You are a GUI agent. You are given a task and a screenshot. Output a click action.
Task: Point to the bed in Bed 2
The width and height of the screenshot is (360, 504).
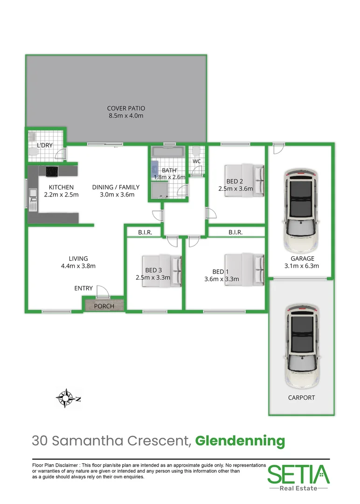244,180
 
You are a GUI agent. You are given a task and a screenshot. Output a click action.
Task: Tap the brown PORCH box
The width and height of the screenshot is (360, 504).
104,306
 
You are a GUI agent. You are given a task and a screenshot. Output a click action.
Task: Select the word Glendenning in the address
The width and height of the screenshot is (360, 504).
240,440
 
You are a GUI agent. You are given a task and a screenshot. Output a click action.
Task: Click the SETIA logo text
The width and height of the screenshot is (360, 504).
298,474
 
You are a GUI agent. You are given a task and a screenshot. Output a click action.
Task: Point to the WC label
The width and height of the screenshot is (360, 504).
197,161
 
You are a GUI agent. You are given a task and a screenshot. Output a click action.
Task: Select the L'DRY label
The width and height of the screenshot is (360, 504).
45,146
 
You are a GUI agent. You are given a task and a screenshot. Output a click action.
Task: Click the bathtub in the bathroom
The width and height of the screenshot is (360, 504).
168,152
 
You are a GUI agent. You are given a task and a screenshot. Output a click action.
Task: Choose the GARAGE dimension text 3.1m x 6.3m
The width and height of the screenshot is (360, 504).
302,266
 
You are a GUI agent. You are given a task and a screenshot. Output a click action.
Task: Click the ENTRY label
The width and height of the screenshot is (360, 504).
83,288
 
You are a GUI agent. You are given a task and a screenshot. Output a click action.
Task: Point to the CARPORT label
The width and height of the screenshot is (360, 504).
302,398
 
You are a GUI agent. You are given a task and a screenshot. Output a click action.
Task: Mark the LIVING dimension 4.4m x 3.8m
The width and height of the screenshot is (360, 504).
78,266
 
